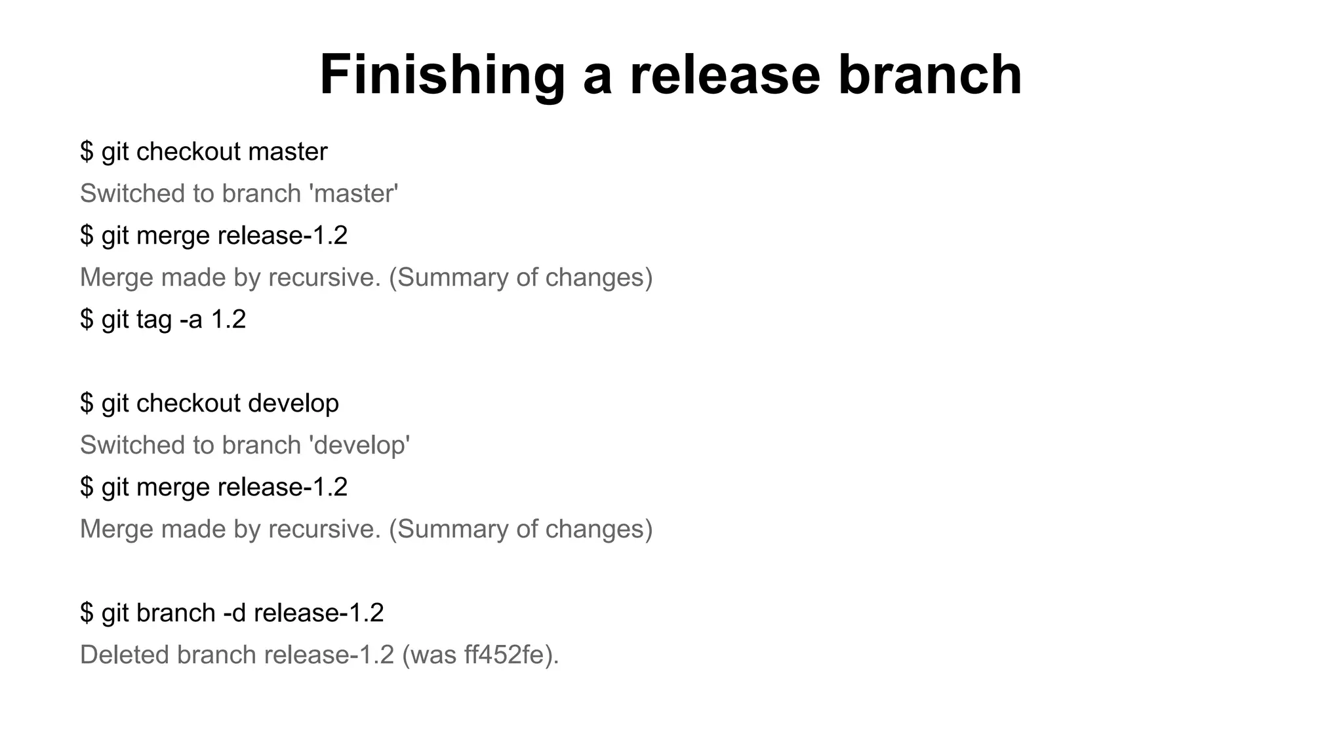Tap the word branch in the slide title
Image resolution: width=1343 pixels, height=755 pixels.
click(930, 74)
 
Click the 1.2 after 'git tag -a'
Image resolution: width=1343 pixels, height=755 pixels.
click(228, 320)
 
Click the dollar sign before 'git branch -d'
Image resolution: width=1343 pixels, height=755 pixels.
click(87, 613)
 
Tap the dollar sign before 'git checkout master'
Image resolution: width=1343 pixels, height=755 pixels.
click(87, 152)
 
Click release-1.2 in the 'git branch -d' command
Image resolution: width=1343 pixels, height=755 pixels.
click(319, 613)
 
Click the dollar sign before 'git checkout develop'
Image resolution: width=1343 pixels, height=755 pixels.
click(87, 403)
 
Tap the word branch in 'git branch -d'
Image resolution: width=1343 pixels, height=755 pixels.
click(176, 613)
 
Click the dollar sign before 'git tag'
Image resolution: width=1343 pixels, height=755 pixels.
click(87, 320)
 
